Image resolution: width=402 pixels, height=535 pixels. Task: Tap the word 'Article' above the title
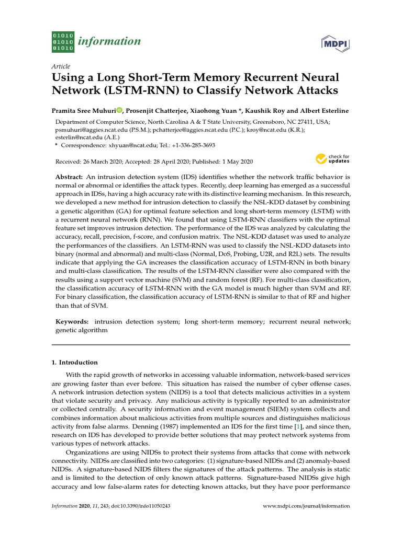pyautogui.click(x=61, y=67)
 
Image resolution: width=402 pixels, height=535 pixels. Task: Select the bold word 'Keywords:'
pyautogui.click(x=72, y=322)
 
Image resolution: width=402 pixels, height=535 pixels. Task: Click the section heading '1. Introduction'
pyautogui.click(x=74, y=362)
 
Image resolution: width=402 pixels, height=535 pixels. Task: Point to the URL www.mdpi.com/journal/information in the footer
pyautogui.click(x=306, y=506)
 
